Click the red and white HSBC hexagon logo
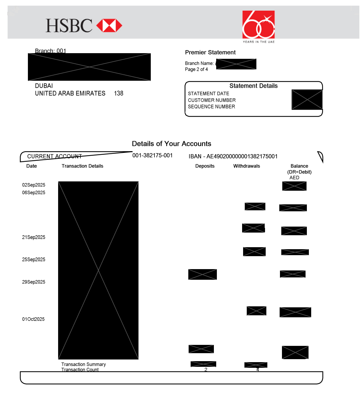[x=109, y=26]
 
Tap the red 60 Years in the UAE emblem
[x=258, y=25]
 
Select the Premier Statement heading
[x=210, y=52]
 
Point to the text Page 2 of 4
[x=196, y=69]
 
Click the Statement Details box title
[x=253, y=86]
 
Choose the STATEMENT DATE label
[x=209, y=94]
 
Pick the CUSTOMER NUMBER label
[x=212, y=100]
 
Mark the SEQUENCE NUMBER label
[x=212, y=107]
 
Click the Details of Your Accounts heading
[x=171, y=144]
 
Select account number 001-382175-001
[x=152, y=155]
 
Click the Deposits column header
[x=205, y=166]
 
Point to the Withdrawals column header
[x=246, y=166]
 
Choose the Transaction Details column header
[x=82, y=166]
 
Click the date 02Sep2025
[x=34, y=185]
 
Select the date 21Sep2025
[x=34, y=237]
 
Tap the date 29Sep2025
[x=34, y=282]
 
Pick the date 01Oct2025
[x=33, y=319]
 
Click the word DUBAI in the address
[x=44, y=86]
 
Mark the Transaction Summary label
[x=83, y=364]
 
